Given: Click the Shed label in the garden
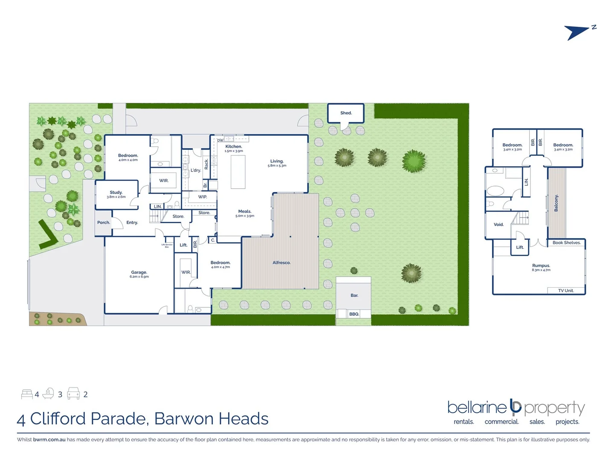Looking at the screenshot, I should (346, 113).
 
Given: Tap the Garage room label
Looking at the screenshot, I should (139, 272).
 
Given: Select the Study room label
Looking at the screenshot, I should (116, 193).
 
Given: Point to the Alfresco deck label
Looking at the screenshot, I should (281, 263).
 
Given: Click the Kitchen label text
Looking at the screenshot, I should (234, 146).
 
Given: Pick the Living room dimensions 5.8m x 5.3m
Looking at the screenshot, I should (277, 166).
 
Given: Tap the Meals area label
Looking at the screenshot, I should (245, 211).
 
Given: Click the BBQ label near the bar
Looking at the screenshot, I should (354, 314).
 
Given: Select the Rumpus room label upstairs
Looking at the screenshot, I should (541, 266).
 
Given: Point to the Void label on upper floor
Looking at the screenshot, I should (498, 225).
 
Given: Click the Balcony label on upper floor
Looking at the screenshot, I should (556, 203).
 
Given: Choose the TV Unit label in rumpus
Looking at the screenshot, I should (566, 291).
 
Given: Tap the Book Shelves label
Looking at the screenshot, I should (566, 243).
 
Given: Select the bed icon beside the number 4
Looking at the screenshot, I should (27, 394).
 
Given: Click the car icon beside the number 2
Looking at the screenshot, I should (73, 394).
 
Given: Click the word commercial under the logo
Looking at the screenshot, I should (501, 422).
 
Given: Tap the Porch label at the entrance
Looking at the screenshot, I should (104, 222).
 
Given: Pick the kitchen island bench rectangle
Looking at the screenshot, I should (238, 172).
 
